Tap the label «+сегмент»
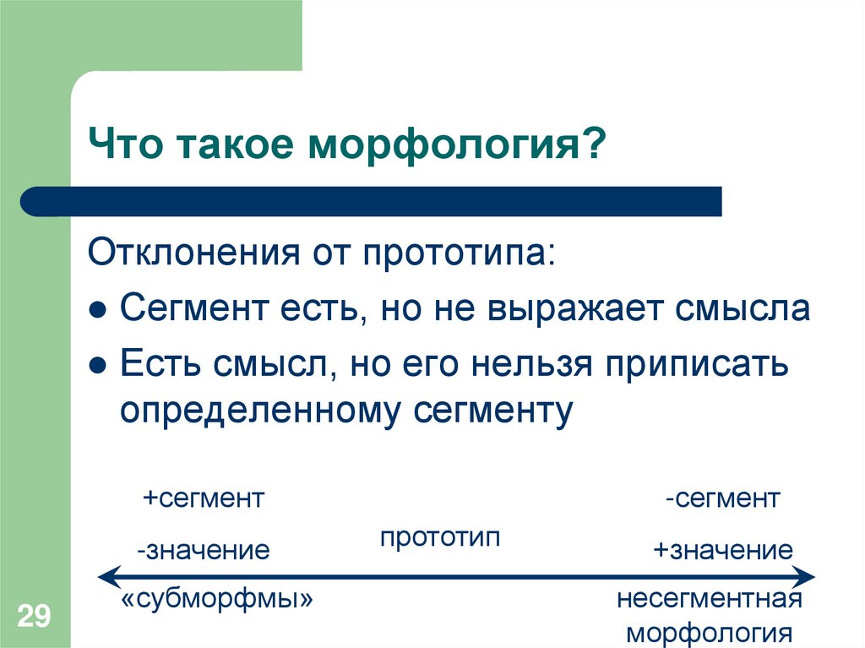click(x=204, y=498)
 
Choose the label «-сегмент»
click(x=721, y=498)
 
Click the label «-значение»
click(x=204, y=552)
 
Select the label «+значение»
click(x=722, y=552)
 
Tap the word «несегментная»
click(x=708, y=601)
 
